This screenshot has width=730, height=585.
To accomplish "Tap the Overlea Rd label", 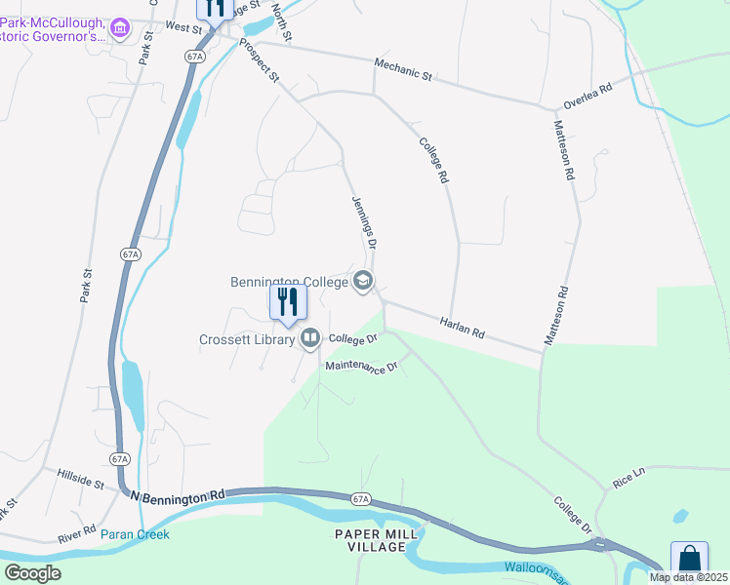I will [x=586, y=96].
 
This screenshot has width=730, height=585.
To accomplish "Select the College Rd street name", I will [x=433, y=160].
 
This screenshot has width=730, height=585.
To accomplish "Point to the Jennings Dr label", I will [x=363, y=223].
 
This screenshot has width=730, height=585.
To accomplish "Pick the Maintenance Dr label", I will [x=362, y=368].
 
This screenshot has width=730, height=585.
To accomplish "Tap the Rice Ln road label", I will [x=629, y=478].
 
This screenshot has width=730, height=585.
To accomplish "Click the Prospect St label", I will [x=259, y=60].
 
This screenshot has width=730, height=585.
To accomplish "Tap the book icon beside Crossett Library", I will [x=310, y=339].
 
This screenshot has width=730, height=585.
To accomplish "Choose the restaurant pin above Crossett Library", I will [x=288, y=302].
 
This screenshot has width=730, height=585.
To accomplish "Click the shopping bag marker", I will [x=689, y=559].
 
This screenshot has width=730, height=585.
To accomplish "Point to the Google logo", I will [x=32, y=573].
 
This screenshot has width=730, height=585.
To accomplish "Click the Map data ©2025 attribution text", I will [x=687, y=577].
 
